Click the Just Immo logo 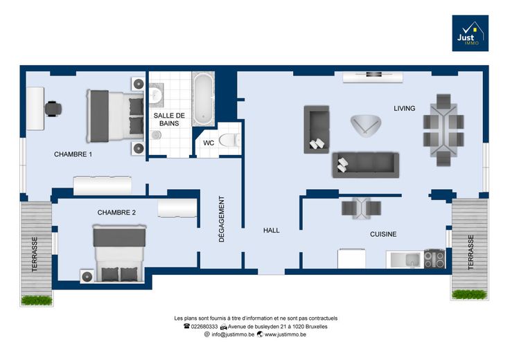pyautogui.click(x=470, y=33)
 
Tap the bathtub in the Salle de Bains pyautogui.click(x=203, y=99)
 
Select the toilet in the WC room pyautogui.click(x=230, y=140)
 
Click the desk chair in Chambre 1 pyautogui.click(x=53, y=109)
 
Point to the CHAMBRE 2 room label pyautogui.click(x=116, y=213)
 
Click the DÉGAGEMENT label pyautogui.click(x=222, y=219)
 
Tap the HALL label pyautogui.click(x=271, y=231)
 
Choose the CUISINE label pyautogui.click(x=383, y=234)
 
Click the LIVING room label pyautogui.click(x=404, y=109)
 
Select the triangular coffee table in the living pyautogui.click(x=366, y=125)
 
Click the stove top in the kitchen pyautogui.click(x=434, y=259)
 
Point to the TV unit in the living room pyautogui.click(x=373, y=77)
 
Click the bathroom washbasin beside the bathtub pyautogui.click(x=157, y=95)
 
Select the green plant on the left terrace pyautogui.click(x=37, y=300)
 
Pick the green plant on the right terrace pyautogui.click(x=469, y=294)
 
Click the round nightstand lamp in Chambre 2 pyautogui.click(x=87, y=276)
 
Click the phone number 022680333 pyautogui.click(x=204, y=327)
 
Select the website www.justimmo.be pyautogui.click(x=285, y=334)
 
